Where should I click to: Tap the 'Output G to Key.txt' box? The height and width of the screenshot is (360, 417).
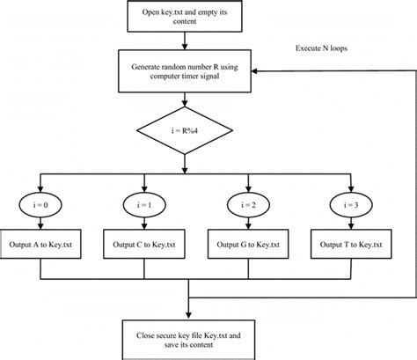[250, 243]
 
